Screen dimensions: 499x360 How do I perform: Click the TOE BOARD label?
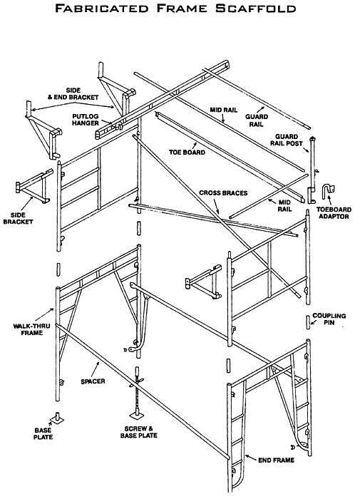pyautogui.click(x=188, y=153)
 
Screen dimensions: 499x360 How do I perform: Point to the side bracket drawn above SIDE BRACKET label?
pyautogui.click(x=32, y=186)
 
